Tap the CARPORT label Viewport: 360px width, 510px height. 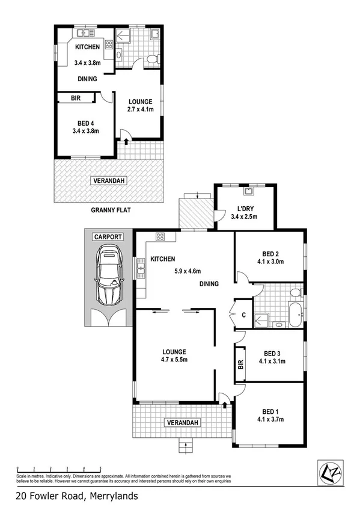pos(108,237)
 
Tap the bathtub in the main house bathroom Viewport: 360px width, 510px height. pos(296,316)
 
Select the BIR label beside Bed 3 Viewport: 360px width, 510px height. pos(240,364)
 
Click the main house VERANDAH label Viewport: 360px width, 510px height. pos(182,423)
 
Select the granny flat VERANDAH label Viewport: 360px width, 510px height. pos(109,180)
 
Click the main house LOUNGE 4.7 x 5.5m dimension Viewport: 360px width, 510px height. pos(174,360)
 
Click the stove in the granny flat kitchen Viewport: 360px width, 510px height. pos(109,44)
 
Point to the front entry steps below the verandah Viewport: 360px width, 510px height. pos(186,446)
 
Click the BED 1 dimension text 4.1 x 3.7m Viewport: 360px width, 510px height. pos(270,419)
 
